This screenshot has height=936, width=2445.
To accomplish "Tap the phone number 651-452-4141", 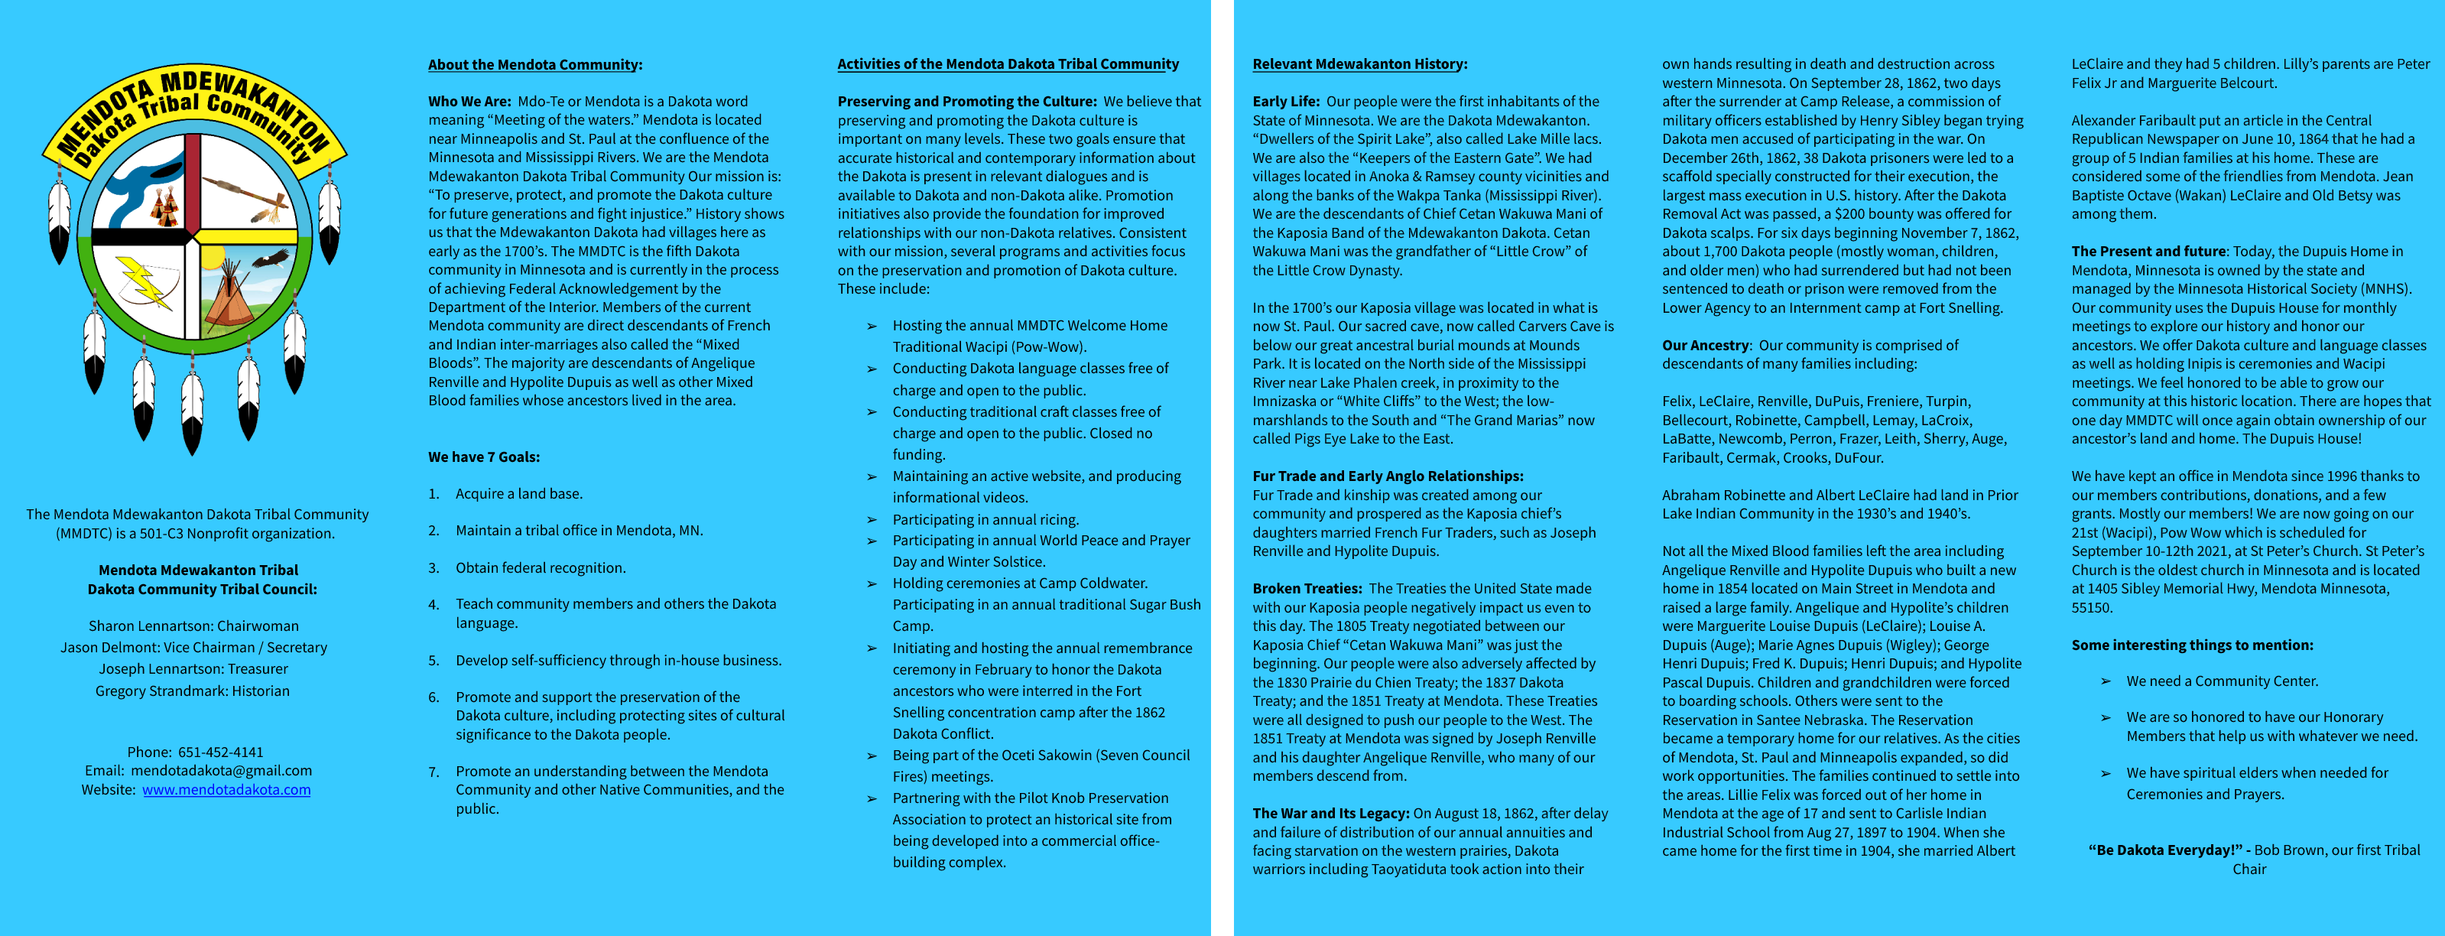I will point(221,752).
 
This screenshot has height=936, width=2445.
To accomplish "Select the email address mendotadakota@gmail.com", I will point(221,771).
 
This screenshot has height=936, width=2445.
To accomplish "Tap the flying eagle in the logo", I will point(271,258).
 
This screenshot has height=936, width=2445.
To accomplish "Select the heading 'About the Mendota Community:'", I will point(534,64).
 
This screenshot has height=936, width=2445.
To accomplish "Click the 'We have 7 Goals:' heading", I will point(483,457).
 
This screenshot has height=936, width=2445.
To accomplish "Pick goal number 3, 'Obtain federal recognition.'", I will point(540,567).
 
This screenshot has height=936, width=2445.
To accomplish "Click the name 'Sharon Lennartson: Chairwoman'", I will point(193,626).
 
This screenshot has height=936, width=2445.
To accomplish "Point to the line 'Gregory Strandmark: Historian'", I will point(193,691).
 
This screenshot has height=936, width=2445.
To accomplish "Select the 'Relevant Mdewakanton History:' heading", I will point(1359,63).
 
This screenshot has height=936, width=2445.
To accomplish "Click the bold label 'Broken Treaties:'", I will point(1307,589).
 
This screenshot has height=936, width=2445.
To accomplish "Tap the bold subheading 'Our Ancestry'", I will point(1705,346).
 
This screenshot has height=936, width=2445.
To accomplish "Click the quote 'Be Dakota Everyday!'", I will point(2165,850).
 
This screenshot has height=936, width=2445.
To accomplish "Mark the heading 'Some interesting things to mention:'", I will point(2192,645).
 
